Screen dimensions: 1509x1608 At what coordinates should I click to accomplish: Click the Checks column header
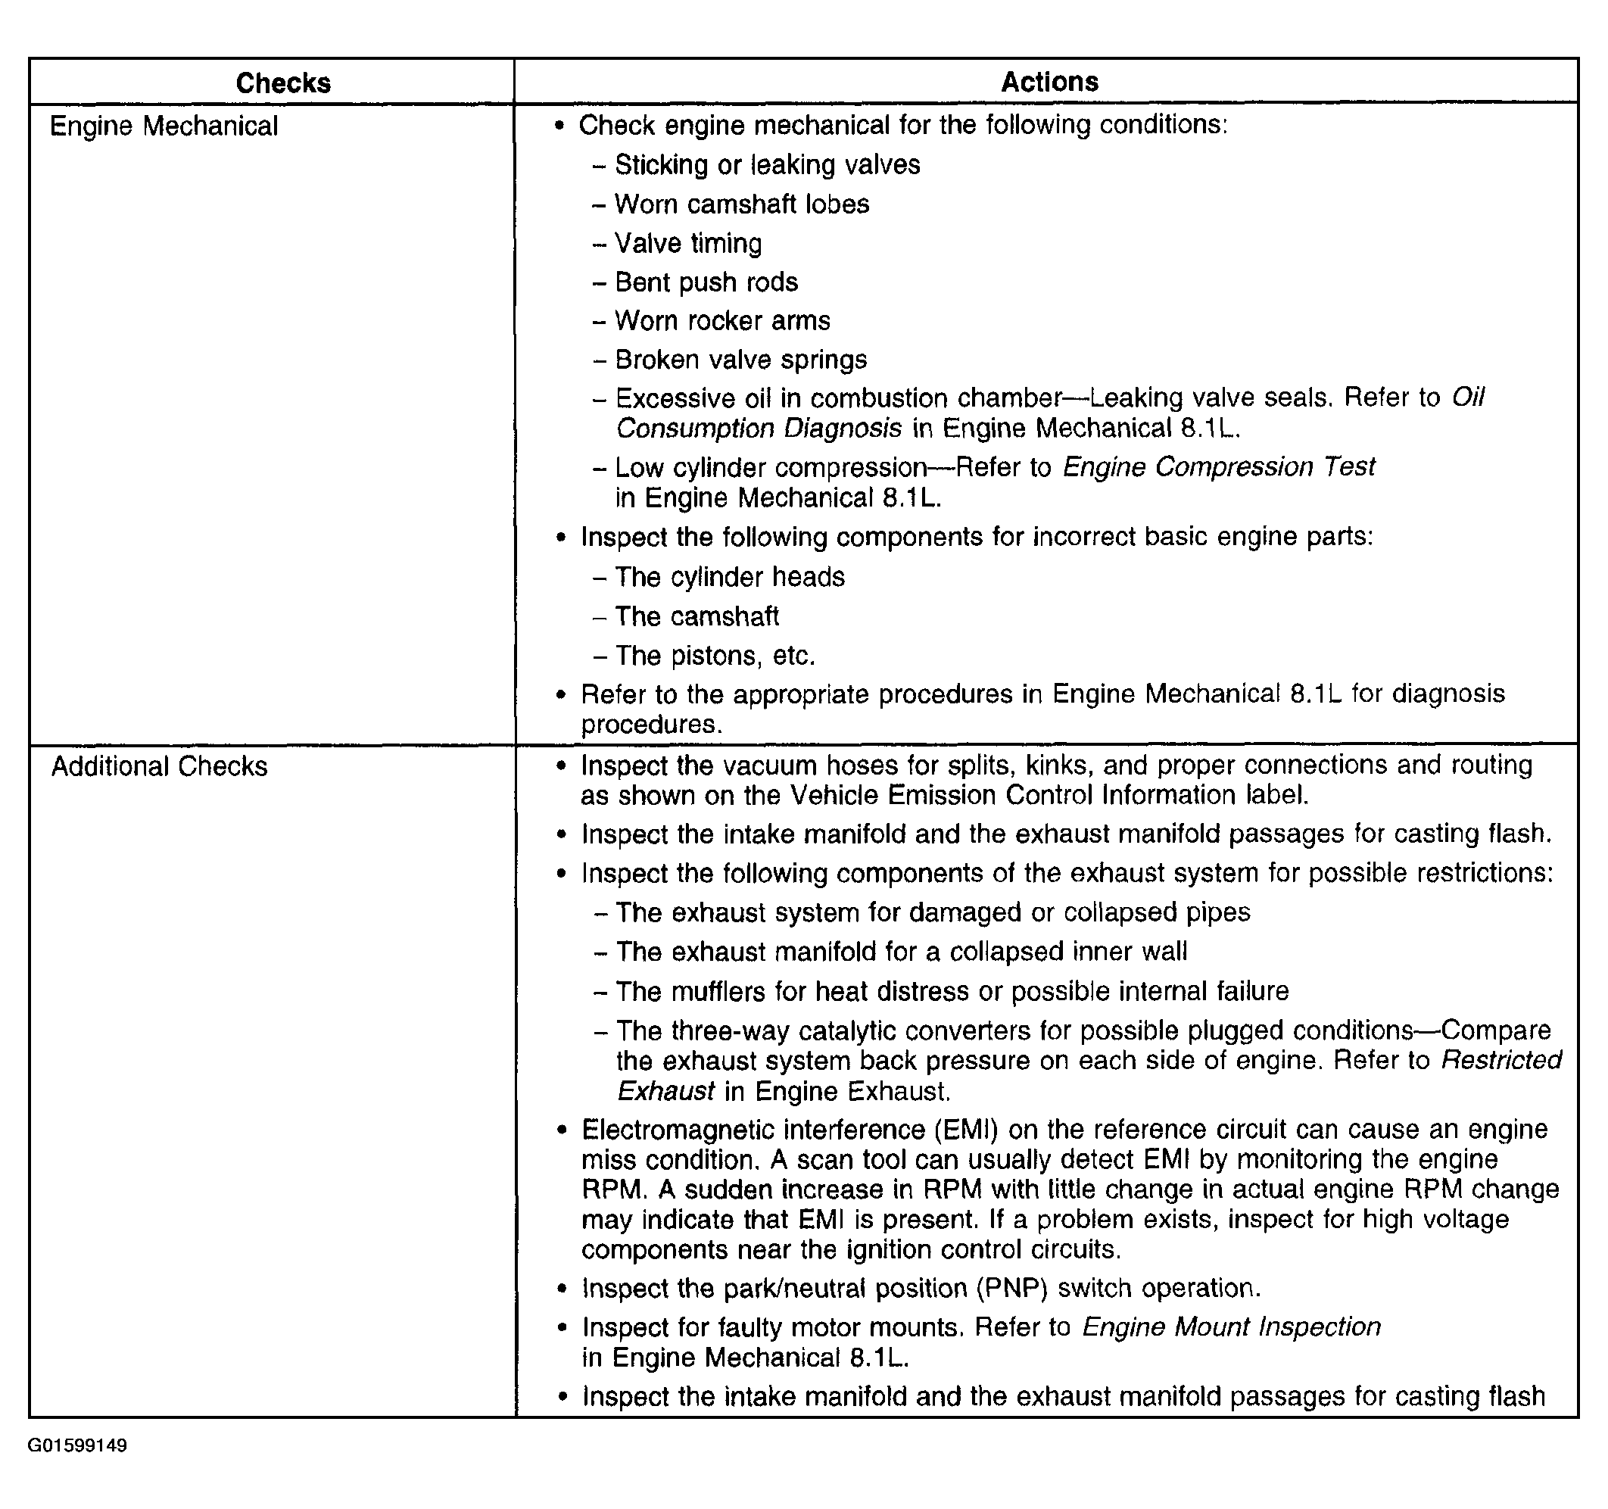[x=283, y=83]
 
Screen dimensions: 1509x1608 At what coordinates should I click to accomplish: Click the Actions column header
[x=1049, y=82]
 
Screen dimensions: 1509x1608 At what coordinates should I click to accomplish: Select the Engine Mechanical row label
[x=164, y=126]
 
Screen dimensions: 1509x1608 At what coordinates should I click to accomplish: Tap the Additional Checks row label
[x=159, y=766]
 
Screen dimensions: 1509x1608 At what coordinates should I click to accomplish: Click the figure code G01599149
[x=78, y=1446]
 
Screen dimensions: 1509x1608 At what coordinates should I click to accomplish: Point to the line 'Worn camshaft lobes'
[x=741, y=204]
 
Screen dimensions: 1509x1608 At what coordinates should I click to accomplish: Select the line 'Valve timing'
[x=687, y=243]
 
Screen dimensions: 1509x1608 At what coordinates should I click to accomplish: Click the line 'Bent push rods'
[x=706, y=282]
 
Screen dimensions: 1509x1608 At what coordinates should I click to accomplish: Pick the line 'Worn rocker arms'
[x=721, y=320]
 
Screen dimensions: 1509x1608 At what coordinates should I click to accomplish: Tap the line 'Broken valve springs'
[x=740, y=359]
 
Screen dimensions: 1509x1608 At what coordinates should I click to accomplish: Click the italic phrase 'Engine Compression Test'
[x=1218, y=467]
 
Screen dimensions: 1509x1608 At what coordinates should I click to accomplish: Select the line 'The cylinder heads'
[x=729, y=577]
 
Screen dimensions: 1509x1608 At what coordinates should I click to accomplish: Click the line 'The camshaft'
[x=696, y=616]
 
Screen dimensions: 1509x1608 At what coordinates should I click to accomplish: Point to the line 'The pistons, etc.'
[x=714, y=656]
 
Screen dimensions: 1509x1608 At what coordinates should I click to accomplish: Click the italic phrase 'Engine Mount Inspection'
[x=1231, y=1327]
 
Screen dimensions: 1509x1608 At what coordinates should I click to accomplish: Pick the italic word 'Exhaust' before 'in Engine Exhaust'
[x=665, y=1092]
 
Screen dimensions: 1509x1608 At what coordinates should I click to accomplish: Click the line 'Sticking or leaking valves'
[x=767, y=165]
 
